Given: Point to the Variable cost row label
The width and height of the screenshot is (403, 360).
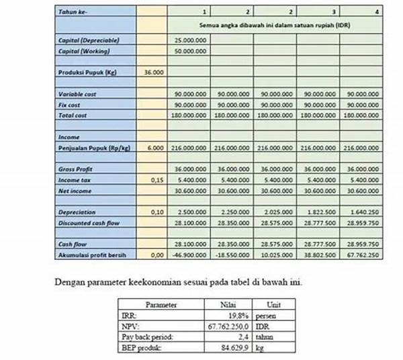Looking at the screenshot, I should (77, 95).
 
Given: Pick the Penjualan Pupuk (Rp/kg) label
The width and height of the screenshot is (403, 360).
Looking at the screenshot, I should (93, 147).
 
